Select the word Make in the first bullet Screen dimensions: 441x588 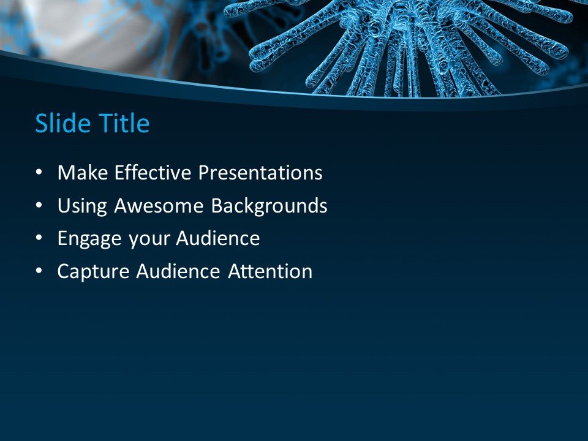78,173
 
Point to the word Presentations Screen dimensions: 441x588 260,173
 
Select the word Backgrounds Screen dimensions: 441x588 269,206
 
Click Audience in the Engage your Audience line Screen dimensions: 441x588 218,239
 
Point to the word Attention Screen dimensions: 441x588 270,271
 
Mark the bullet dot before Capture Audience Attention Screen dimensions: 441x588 40,272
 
